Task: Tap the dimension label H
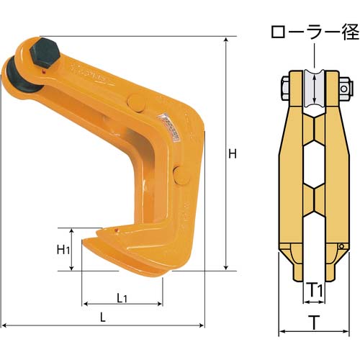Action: [x=233, y=153]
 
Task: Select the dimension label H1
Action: [x=63, y=250]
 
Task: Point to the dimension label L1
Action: [x=122, y=298]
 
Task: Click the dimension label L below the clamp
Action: [x=103, y=318]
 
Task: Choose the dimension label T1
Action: [x=315, y=290]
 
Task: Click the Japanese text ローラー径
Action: [x=315, y=32]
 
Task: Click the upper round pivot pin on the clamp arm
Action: [x=136, y=103]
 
